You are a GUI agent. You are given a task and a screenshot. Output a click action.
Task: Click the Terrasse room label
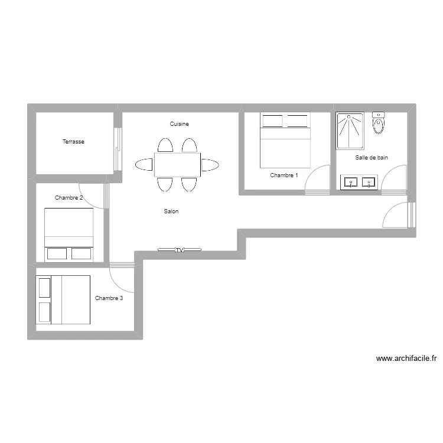[x=74, y=142]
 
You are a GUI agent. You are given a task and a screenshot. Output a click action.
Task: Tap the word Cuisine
[x=179, y=124]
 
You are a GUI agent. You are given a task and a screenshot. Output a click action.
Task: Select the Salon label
[x=171, y=211]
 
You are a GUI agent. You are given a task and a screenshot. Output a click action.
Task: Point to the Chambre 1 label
[x=284, y=175]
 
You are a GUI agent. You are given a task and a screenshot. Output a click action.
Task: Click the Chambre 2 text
[x=69, y=198]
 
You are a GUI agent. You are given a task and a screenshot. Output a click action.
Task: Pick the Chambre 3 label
[x=109, y=298]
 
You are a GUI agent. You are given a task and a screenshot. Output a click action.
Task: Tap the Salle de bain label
[x=372, y=158]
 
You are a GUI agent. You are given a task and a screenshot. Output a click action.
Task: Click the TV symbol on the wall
[x=180, y=250]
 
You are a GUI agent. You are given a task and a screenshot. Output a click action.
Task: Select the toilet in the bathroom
[x=379, y=123]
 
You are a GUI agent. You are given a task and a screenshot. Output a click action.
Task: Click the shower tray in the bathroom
[x=350, y=131]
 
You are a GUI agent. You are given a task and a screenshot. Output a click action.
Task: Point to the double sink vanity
[x=359, y=182]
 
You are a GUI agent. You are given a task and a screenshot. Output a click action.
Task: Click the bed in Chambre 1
[x=285, y=141]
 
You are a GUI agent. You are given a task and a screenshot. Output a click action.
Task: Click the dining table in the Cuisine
[x=178, y=164]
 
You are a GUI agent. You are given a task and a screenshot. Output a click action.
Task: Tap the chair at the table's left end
[x=144, y=164]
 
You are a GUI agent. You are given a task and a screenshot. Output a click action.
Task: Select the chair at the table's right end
[x=210, y=164]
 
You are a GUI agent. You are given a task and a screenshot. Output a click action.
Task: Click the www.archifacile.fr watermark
[x=406, y=358]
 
